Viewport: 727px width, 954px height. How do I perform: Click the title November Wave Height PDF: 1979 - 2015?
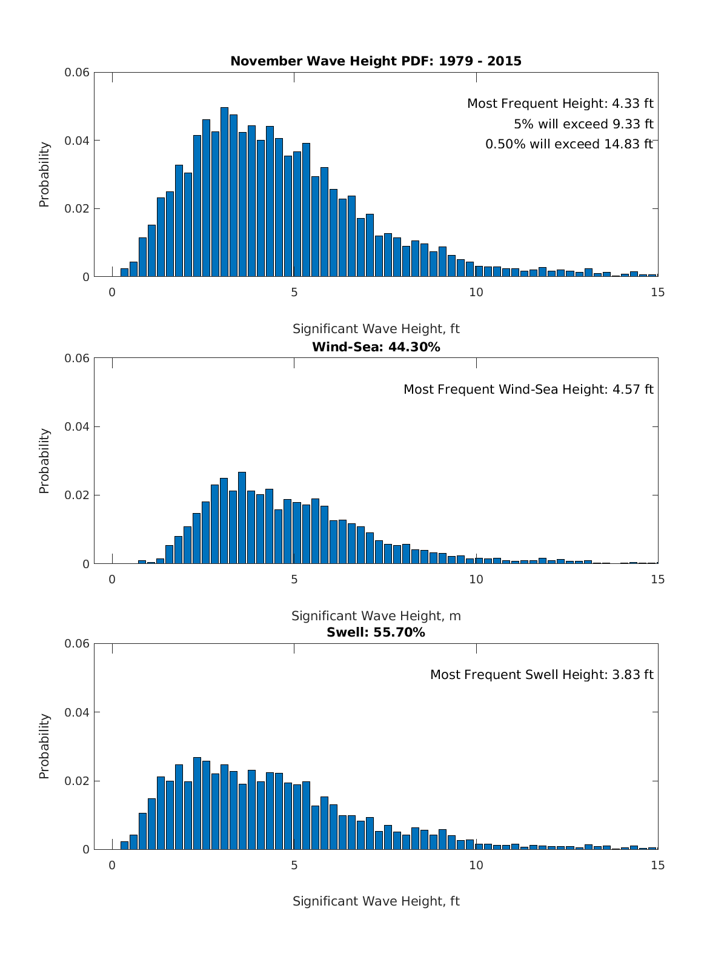pos(376,61)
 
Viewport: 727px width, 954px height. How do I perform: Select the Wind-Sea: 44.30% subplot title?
pos(376,347)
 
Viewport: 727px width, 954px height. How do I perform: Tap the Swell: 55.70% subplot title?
pos(376,633)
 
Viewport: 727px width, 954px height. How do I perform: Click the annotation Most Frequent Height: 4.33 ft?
pos(560,104)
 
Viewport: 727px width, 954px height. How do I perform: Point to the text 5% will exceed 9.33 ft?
pos(583,124)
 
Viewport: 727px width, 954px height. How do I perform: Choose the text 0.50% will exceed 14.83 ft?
pos(569,144)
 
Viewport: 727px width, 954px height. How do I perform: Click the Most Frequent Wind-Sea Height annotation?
pos(528,389)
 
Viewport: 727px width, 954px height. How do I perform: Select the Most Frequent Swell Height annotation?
pos(542,675)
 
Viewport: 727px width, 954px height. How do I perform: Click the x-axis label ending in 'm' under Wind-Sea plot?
pos(376,616)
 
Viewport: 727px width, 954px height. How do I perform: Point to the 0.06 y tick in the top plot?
pos(77,73)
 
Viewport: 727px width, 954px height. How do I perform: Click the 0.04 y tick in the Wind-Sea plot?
pos(77,427)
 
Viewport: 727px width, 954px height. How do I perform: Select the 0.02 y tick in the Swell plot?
pos(77,781)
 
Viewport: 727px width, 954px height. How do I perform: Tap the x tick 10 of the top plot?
pos(476,293)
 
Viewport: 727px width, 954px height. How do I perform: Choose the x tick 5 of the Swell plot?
pos(294,866)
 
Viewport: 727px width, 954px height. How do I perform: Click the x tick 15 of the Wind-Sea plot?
pos(658,580)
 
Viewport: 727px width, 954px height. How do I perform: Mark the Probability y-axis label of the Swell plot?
pos(44,746)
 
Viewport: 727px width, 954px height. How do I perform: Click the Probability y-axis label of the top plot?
pos(44,174)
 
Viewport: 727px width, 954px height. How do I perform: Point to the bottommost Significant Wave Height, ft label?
pos(376,901)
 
